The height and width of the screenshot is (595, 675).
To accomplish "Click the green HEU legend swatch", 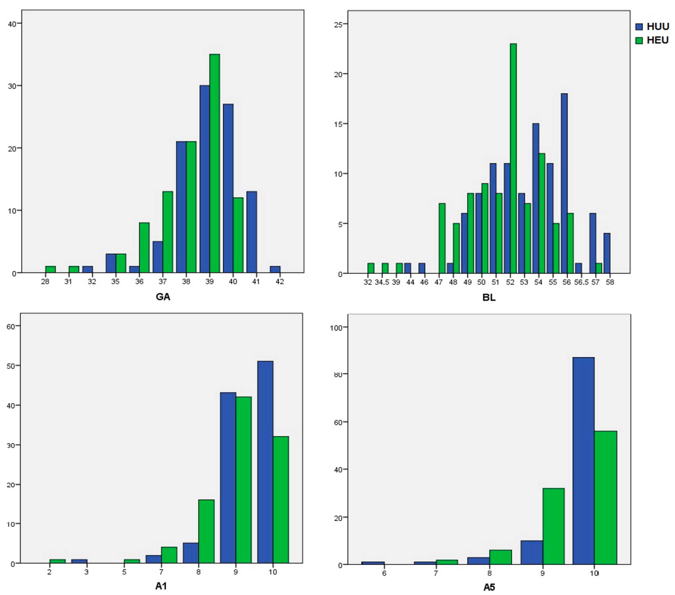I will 639,40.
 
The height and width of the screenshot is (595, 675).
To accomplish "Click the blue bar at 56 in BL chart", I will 564,183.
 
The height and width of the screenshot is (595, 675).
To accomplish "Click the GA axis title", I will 163,297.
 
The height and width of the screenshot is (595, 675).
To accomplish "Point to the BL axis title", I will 489,297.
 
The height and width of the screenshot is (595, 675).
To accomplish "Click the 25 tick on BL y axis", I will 339,24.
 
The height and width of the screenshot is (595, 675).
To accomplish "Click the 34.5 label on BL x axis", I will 382,283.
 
